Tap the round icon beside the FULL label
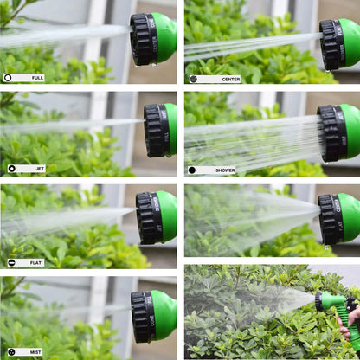[9, 78]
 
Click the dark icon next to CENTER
[193, 79]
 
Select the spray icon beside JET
[11, 169]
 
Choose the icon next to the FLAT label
[11, 261]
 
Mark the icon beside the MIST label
[11, 352]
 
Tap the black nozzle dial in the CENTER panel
[331, 43]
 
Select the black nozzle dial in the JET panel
[156, 130]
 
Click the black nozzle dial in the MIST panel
[144, 316]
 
